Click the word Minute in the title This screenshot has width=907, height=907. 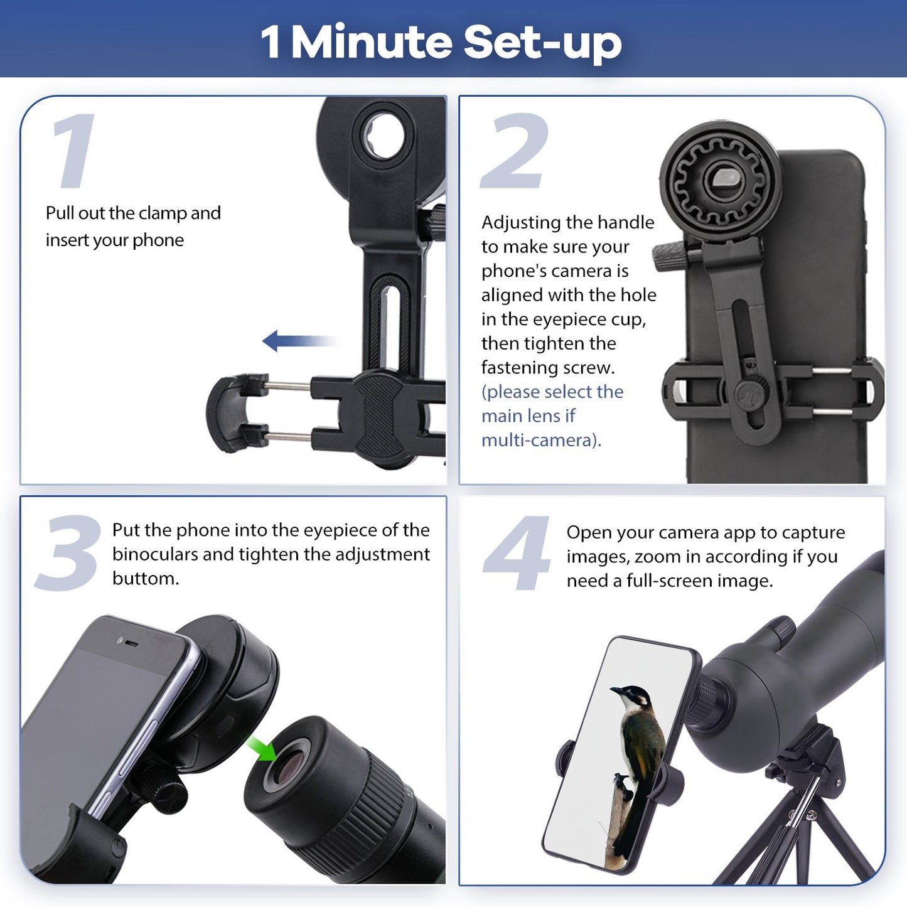372,42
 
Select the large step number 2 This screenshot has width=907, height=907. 515,151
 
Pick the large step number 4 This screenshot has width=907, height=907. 517,554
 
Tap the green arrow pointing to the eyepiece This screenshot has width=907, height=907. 262,748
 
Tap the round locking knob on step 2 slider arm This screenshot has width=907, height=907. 748,395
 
